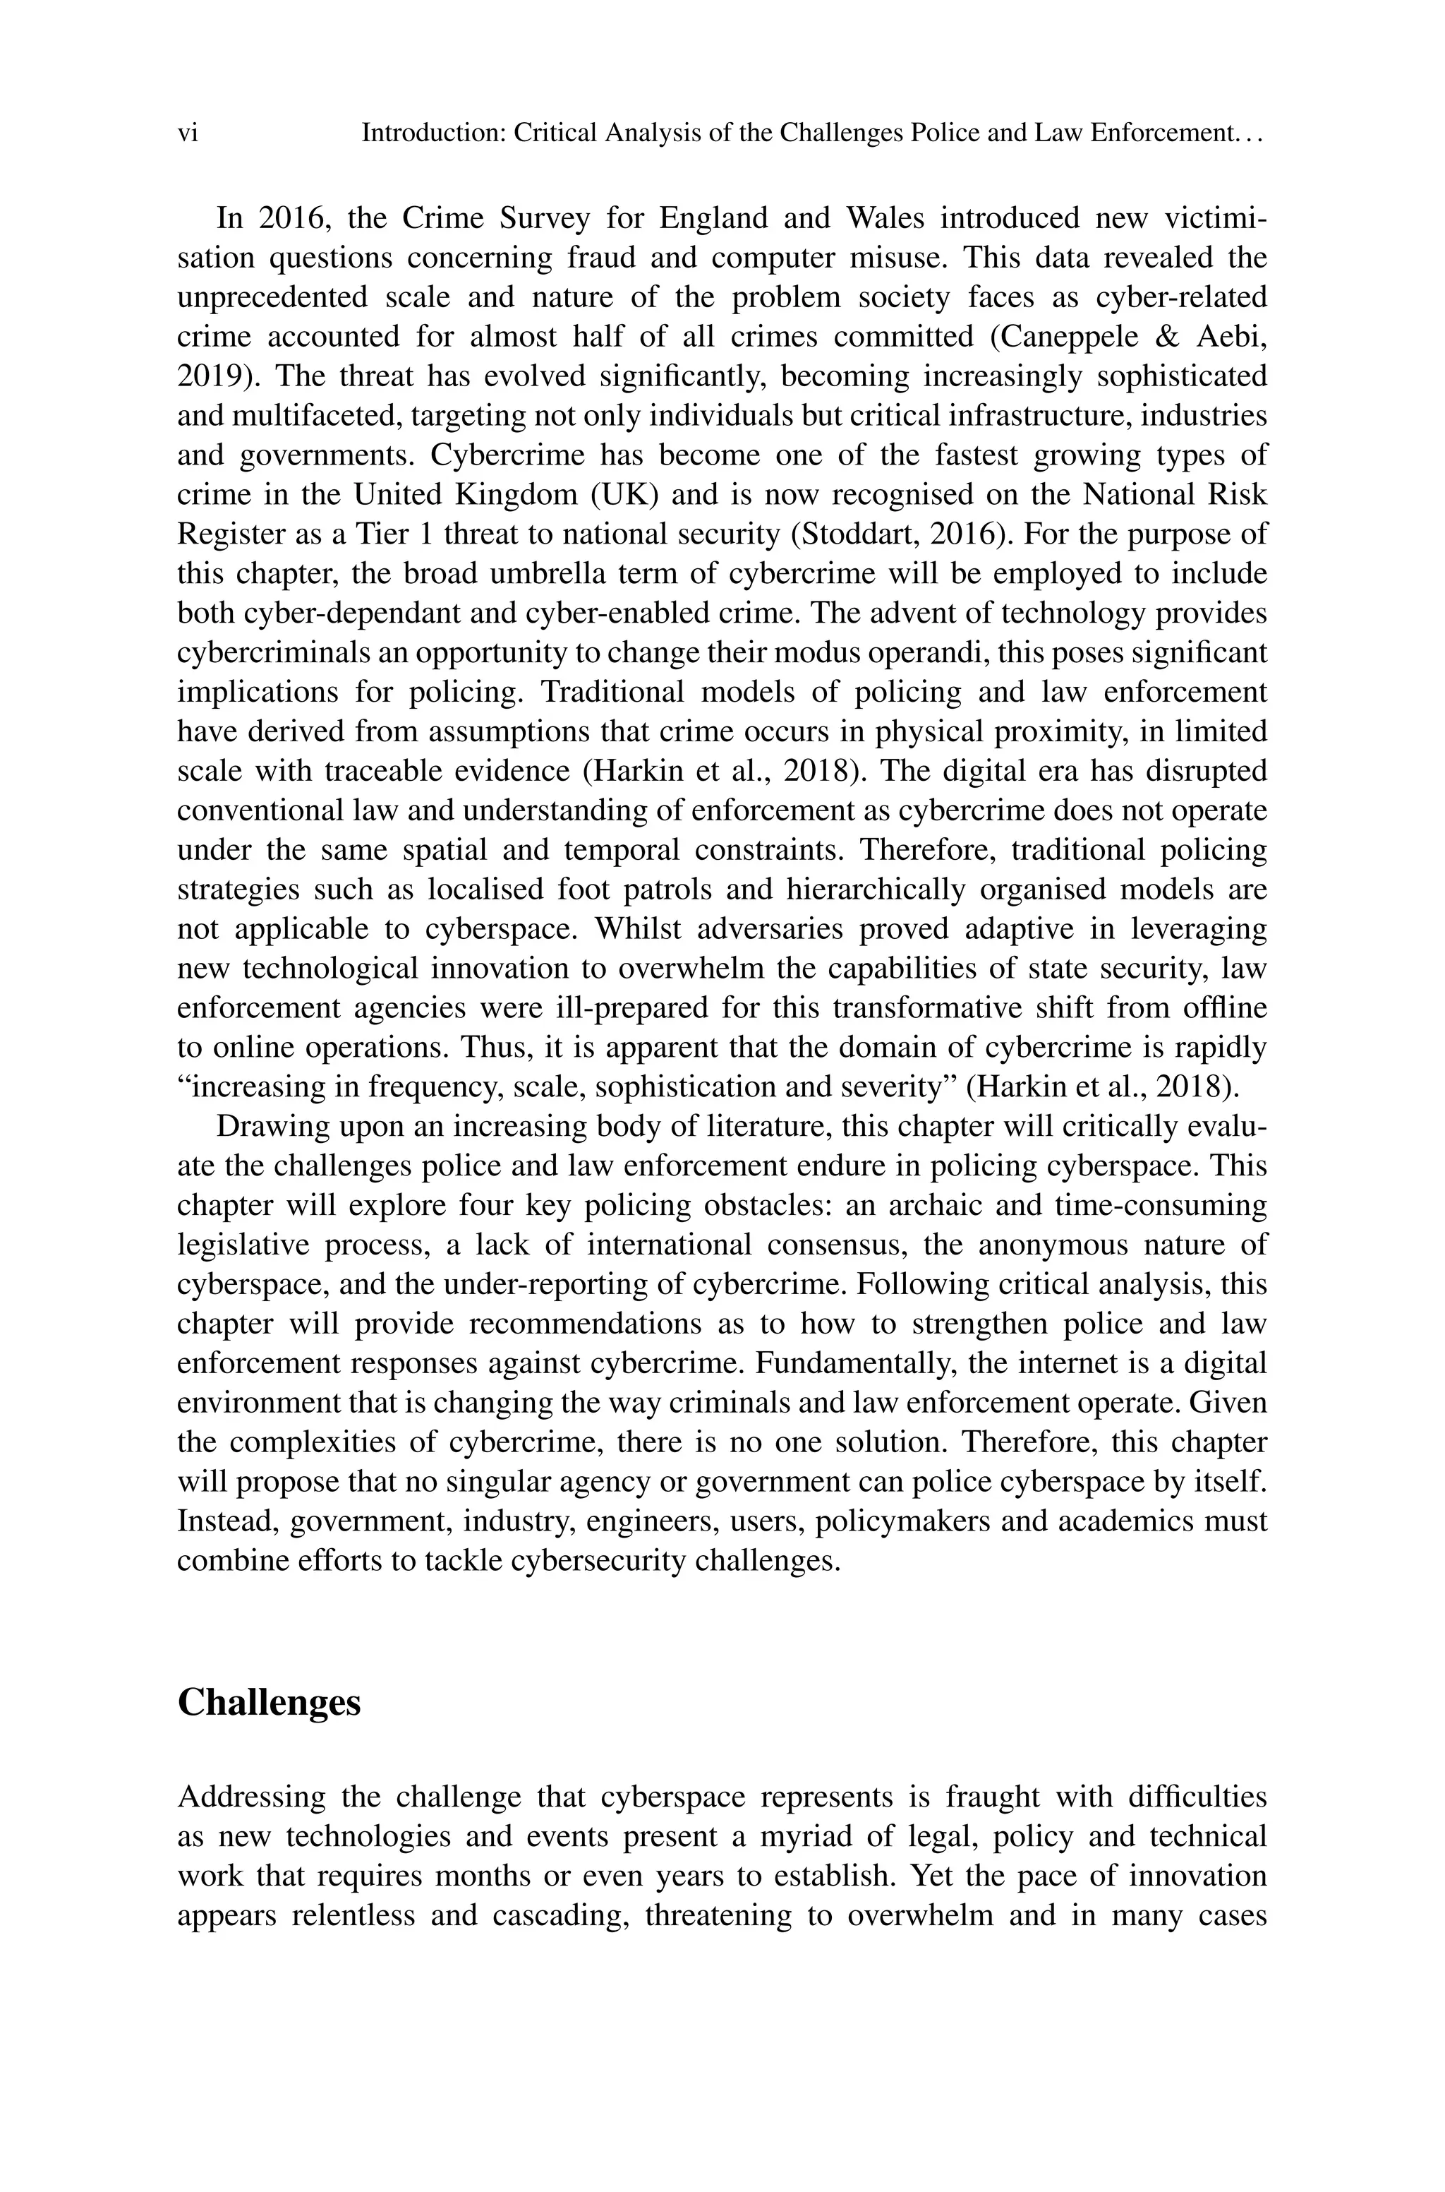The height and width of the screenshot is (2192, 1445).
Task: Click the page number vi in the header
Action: (x=187, y=133)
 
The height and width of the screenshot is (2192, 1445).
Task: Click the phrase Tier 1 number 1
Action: (x=425, y=534)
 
